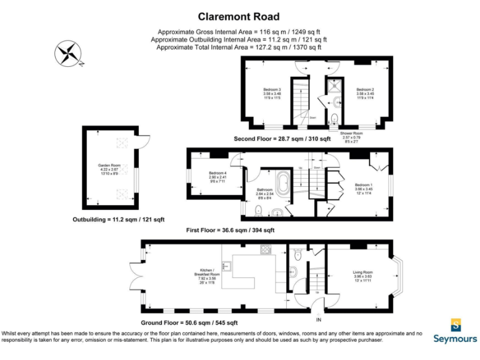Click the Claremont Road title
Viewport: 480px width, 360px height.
pyautogui.click(x=239, y=17)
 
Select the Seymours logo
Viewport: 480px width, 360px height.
pyautogui.click(x=456, y=331)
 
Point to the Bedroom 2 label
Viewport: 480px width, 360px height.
pyautogui.click(x=365, y=93)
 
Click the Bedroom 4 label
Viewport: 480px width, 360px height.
pyautogui.click(x=217, y=176)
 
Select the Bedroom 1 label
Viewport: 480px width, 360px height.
pyautogui.click(x=364, y=187)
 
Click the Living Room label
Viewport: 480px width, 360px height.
pyautogui.click(x=362, y=275)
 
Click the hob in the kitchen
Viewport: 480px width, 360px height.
pyautogui.click(x=266, y=250)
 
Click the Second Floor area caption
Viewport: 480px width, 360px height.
pyautogui.click(x=282, y=138)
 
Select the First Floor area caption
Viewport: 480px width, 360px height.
pyautogui.click(x=230, y=231)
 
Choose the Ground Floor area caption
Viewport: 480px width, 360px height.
pyautogui.click(x=189, y=323)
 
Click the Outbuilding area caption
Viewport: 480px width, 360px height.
pyautogui.click(x=118, y=220)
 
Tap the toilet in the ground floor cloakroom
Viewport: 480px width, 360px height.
pyautogui.click(x=298, y=254)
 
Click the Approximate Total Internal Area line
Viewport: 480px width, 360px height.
pyautogui.click(x=239, y=47)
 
